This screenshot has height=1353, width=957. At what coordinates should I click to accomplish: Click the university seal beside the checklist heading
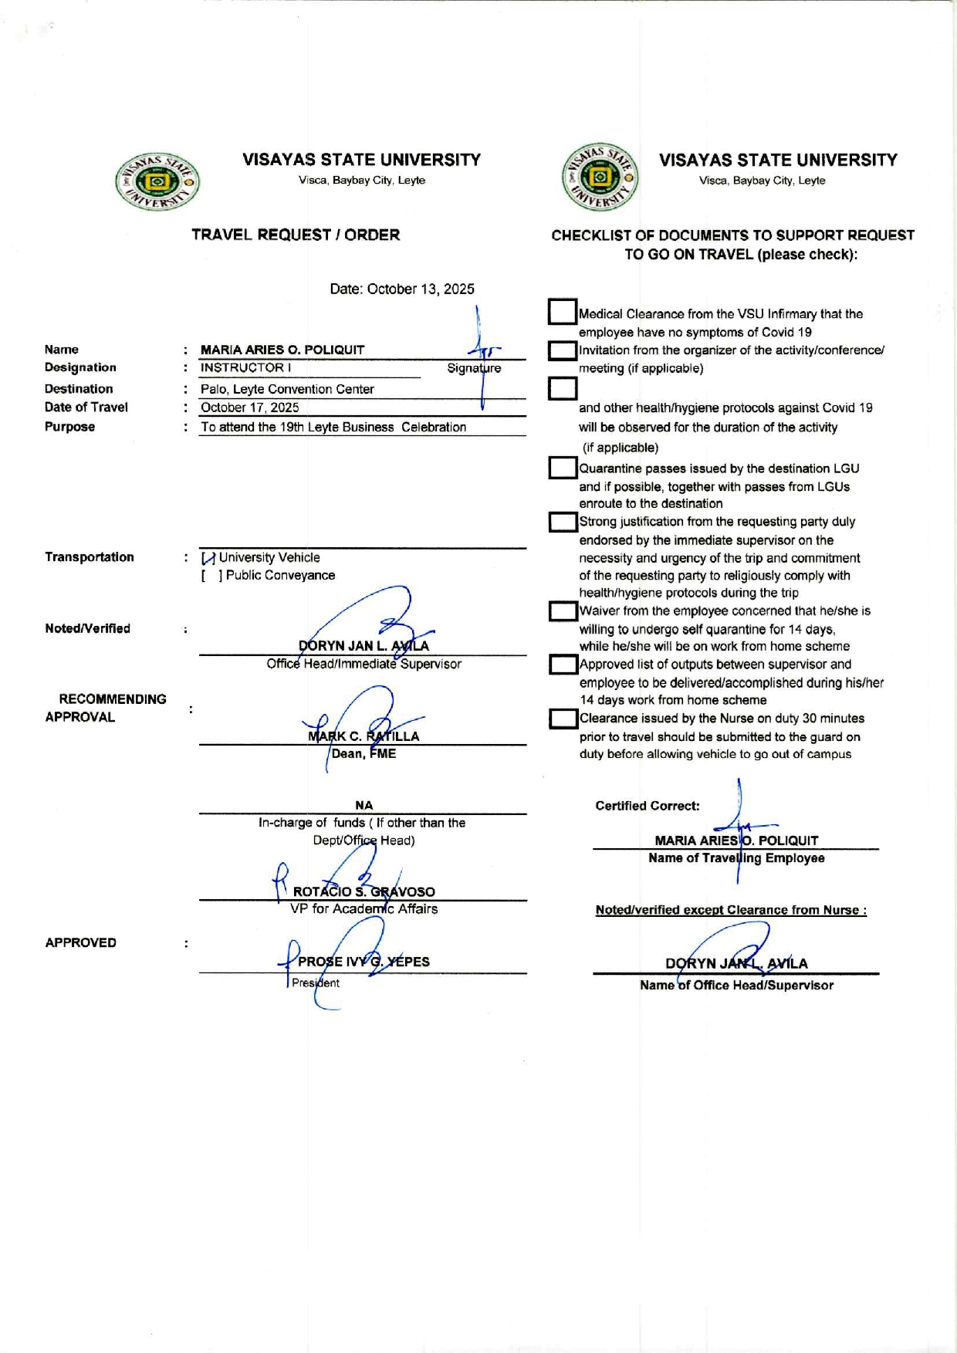click(600, 178)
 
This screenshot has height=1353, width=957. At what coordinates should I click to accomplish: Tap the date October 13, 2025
click(401, 289)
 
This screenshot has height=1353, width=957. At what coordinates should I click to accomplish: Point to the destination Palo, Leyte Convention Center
click(287, 390)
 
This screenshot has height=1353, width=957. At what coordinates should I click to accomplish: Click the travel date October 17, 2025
click(249, 408)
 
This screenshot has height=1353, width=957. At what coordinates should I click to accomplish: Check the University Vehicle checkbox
click(208, 558)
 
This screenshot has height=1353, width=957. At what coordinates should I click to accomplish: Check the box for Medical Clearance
click(563, 313)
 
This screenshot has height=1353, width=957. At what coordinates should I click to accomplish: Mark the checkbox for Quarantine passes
click(563, 468)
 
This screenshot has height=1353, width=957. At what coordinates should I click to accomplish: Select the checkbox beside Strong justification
click(563, 523)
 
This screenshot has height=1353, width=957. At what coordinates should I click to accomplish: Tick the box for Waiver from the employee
click(563, 612)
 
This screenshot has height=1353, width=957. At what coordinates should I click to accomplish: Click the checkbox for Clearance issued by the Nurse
click(563, 719)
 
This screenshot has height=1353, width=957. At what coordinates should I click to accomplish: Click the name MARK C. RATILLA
click(364, 736)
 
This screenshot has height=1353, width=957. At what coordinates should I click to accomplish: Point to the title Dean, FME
click(364, 754)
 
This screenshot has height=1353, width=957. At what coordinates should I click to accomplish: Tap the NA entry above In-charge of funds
click(364, 806)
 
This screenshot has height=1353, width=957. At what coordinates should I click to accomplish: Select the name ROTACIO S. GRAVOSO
click(364, 892)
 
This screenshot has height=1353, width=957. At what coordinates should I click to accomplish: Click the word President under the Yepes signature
click(316, 983)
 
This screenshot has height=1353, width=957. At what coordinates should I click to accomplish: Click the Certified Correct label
click(648, 807)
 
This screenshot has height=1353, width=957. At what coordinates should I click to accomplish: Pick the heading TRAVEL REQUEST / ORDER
click(296, 235)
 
